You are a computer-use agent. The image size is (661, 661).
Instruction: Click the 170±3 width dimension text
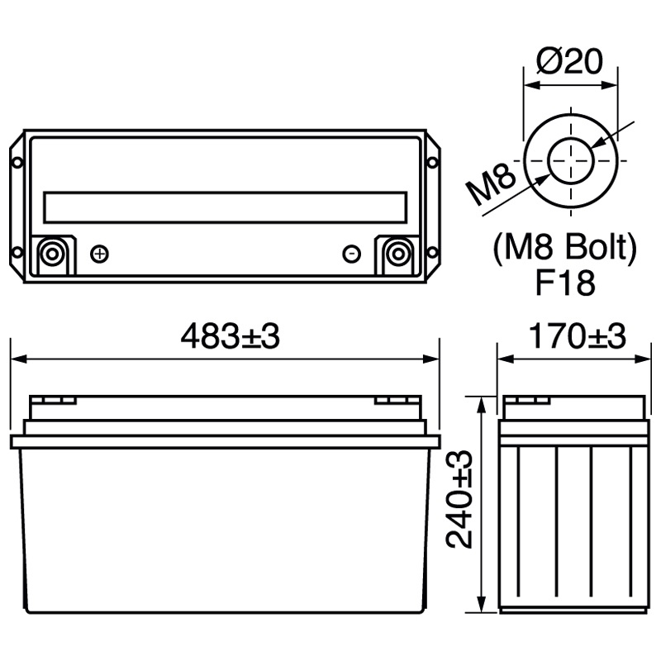(x=577, y=336)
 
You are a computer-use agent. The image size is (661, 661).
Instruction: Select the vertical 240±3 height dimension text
(x=459, y=500)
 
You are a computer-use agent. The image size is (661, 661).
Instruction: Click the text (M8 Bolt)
(x=565, y=247)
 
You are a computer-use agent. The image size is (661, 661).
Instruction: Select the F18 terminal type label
(x=565, y=283)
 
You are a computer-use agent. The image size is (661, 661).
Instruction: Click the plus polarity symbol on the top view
(x=99, y=253)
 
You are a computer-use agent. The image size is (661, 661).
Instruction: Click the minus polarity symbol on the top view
(x=351, y=253)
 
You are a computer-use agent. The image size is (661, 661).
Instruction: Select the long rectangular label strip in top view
(x=225, y=207)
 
